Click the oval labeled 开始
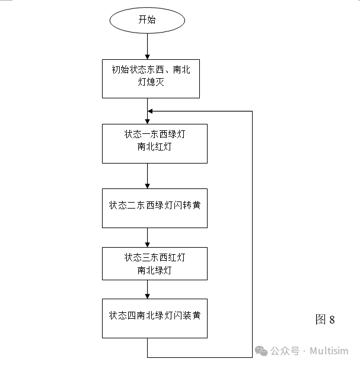[x=147, y=20]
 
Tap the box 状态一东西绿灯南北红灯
[x=154, y=143]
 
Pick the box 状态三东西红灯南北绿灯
[x=154, y=264]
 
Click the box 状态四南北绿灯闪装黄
[x=154, y=318]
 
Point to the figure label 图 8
[x=325, y=320]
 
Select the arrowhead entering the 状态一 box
[x=147, y=120]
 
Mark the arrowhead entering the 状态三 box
[x=147, y=244]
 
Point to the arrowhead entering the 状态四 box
[x=147, y=296]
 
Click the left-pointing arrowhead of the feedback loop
[x=151, y=111]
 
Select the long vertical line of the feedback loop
[x=253, y=237]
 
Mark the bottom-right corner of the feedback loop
[x=253, y=357]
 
